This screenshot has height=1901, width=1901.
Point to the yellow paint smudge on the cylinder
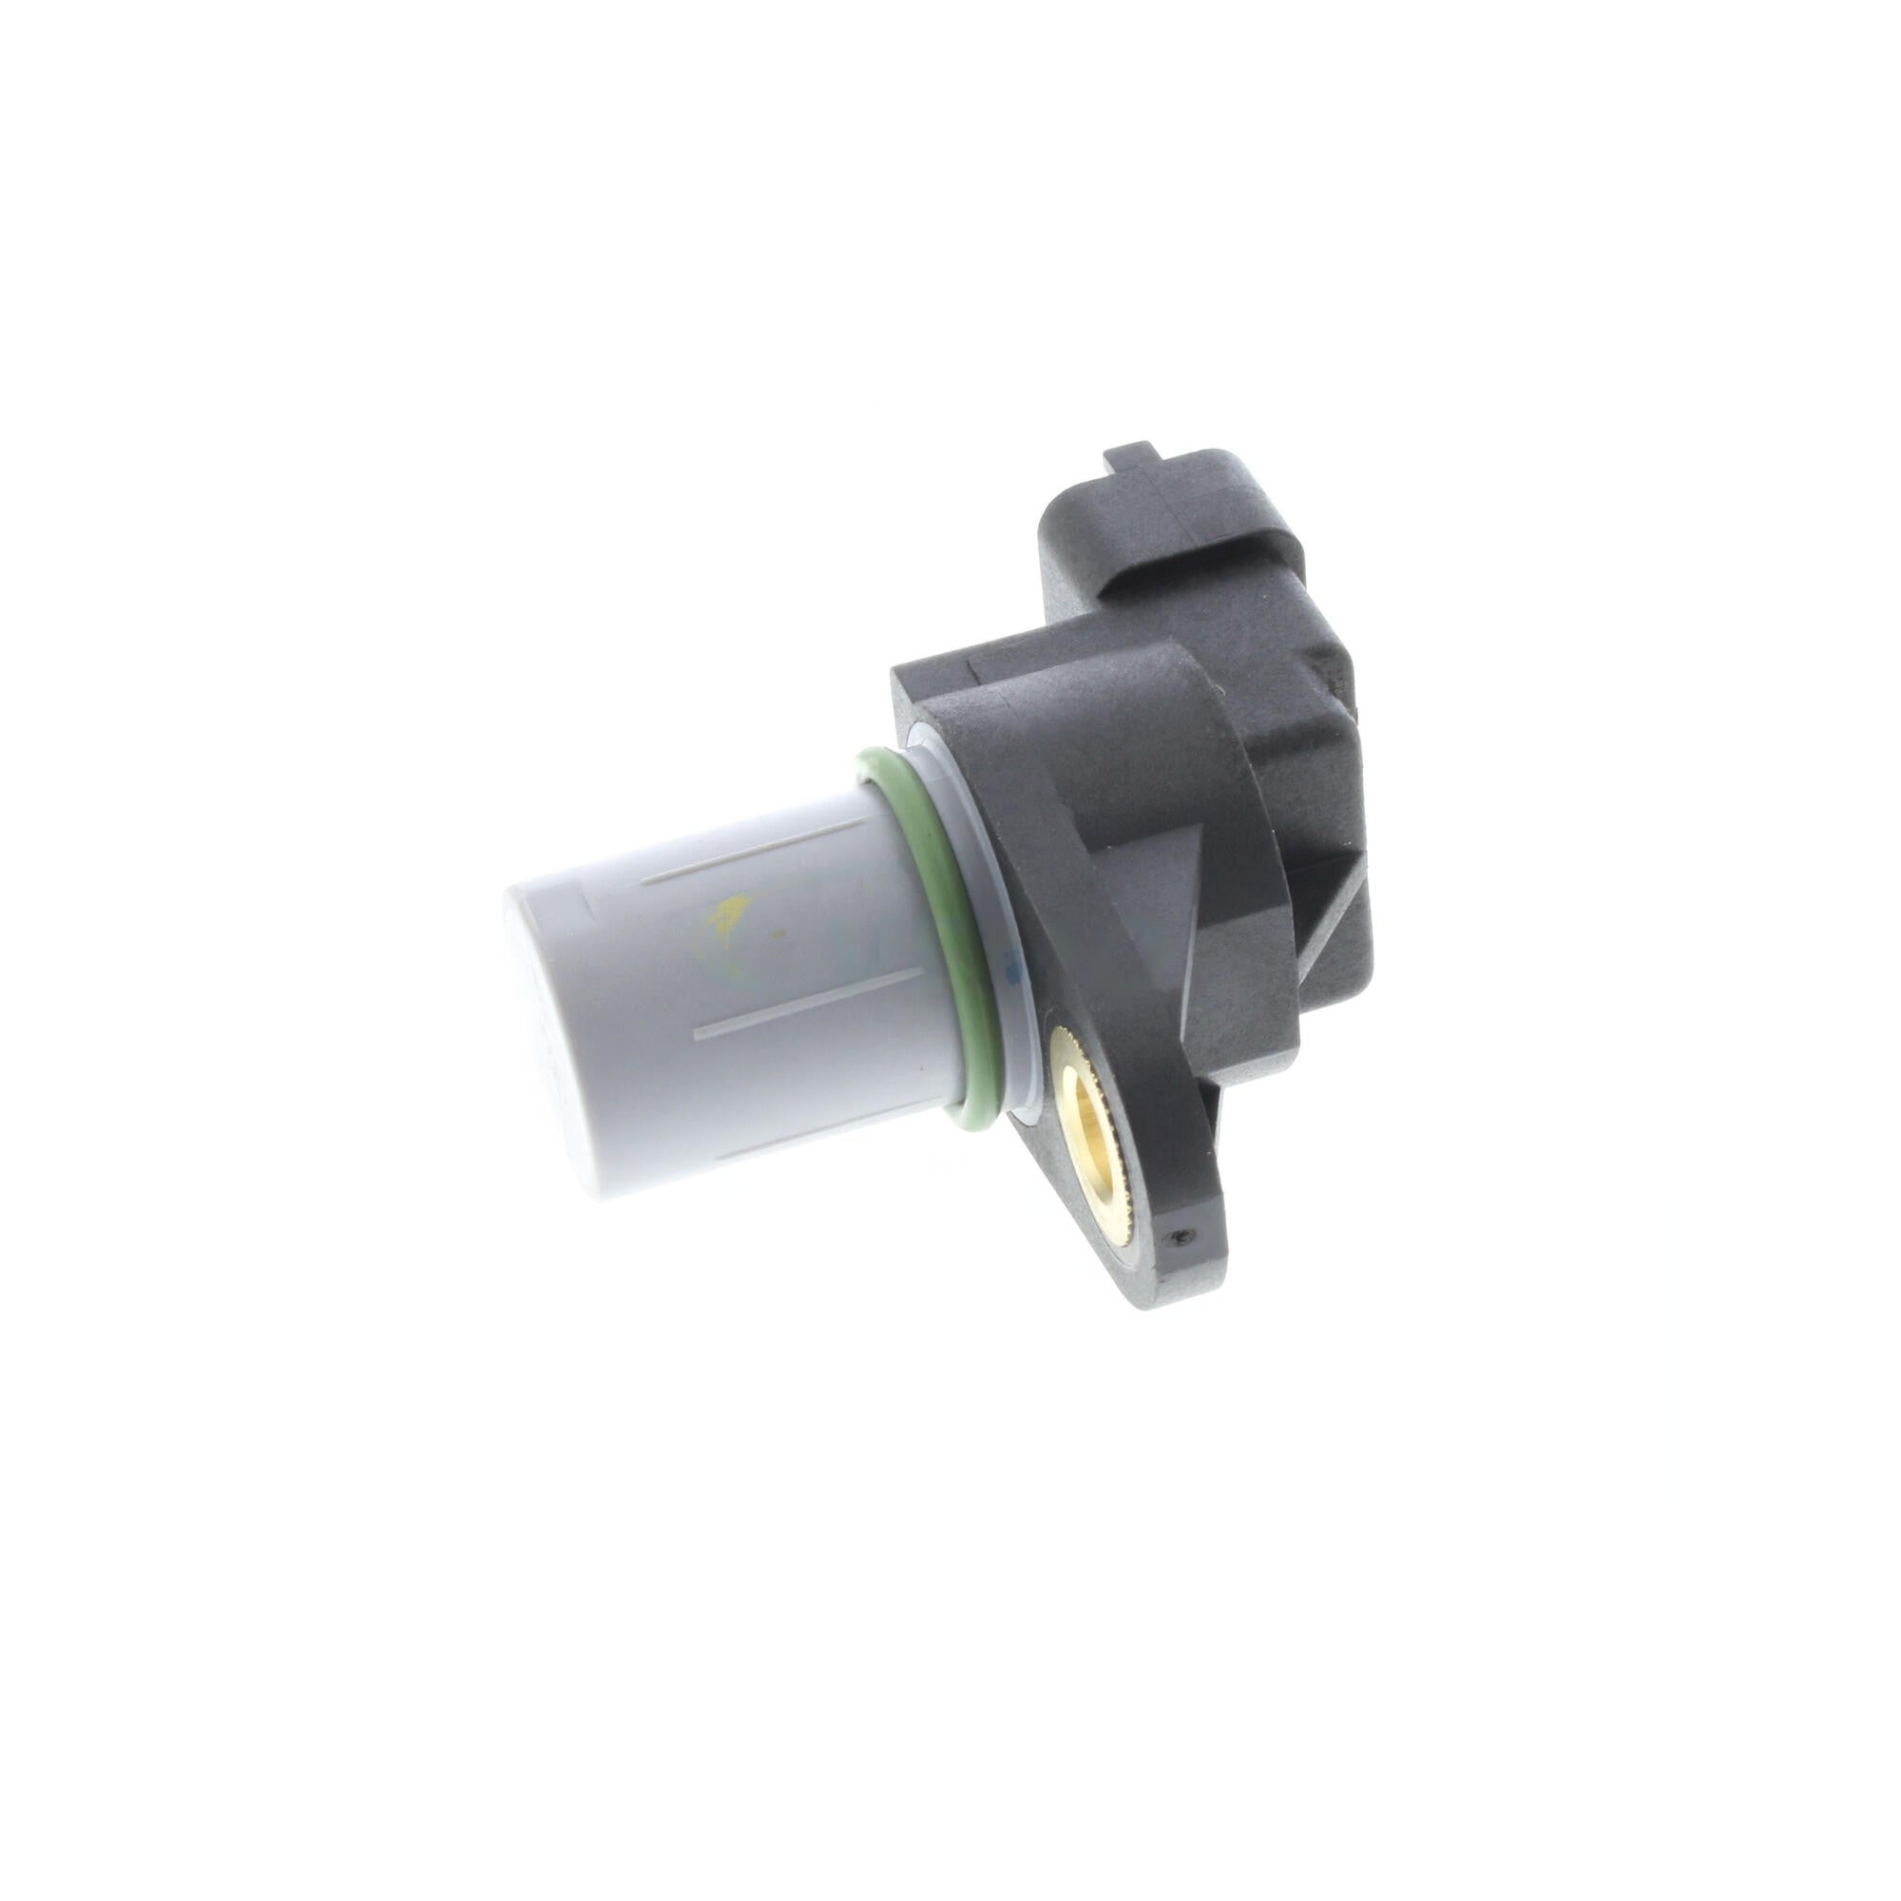(726, 913)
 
